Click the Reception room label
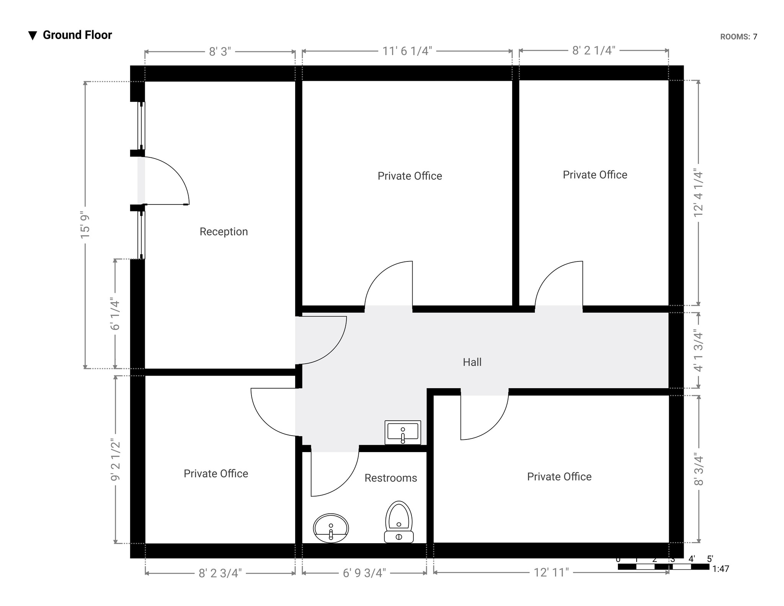pos(224,232)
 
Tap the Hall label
pos(472,362)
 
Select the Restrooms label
pos(390,478)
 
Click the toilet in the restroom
pos(399,522)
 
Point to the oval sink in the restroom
pos(331,528)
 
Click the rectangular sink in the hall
pos(403,433)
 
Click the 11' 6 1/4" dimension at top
pos(407,51)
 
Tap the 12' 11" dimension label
pos(551,572)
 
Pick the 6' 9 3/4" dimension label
pos(364,573)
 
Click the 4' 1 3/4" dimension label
pos(699,351)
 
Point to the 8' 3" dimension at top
pos(220,52)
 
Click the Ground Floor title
pos(77,35)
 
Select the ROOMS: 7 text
pos(738,37)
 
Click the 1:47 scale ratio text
pos(720,569)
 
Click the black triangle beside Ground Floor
pos(33,36)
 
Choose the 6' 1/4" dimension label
pos(115,314)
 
